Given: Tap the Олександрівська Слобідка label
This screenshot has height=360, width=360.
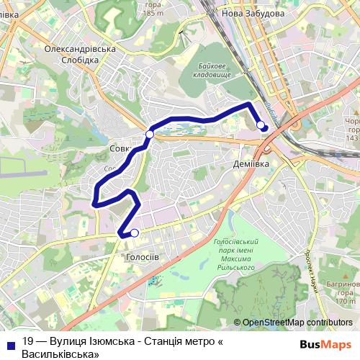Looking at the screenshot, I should coord(81,54).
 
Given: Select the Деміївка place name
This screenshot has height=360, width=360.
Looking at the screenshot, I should coord(251,164).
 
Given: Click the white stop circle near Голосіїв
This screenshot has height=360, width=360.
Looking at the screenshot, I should coord(134,233).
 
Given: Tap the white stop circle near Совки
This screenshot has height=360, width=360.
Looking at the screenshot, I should coord(150,135).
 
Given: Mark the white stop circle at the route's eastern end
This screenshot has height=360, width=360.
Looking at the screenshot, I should coord(261,125).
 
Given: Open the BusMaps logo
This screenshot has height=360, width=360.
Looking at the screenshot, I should coord(325,343).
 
